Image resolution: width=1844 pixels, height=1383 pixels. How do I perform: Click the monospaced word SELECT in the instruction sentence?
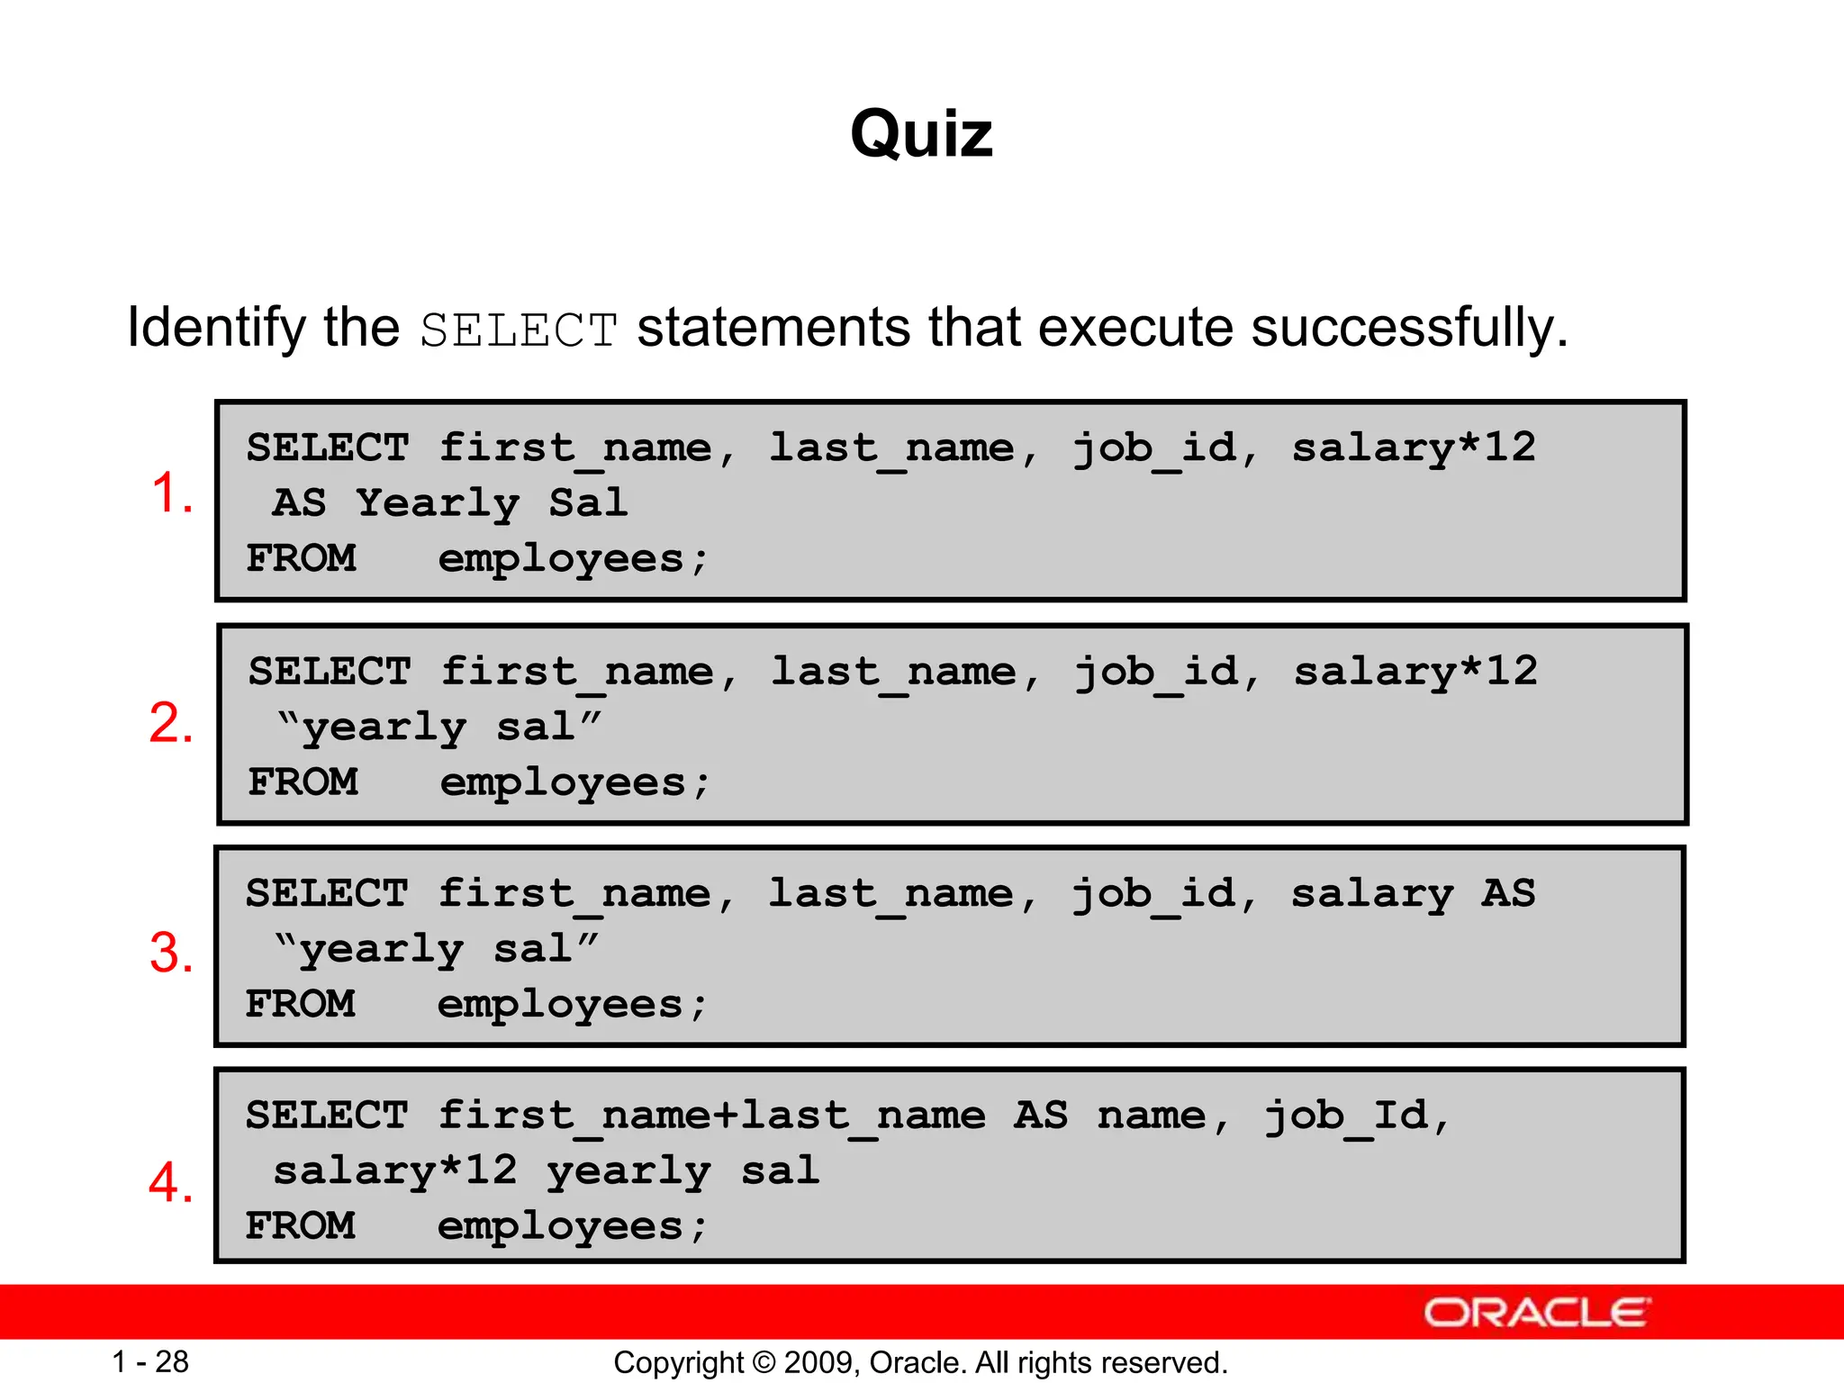pos(519,330)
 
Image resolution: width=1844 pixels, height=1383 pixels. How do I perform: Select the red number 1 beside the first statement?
pos(171,493)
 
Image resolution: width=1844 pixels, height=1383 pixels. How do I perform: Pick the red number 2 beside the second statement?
pos(171,723)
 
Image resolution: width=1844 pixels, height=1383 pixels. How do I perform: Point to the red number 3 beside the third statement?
pos(171,953)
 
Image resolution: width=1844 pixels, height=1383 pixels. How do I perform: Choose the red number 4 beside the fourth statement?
pos(171,1182)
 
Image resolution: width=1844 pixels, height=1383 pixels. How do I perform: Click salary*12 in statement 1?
pos(1414,447)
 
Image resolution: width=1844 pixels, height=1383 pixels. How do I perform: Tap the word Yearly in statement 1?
pos(438,503)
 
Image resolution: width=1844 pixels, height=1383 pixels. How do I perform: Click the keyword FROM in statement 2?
pos(303,782)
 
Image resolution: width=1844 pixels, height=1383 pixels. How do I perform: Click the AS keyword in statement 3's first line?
pos(1508,893)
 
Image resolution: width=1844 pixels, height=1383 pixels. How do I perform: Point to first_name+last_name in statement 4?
pos(711,1116)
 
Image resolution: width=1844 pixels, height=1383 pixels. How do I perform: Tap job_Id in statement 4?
pos(1346,1116)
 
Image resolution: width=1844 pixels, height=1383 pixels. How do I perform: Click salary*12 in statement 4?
pos(395,1171)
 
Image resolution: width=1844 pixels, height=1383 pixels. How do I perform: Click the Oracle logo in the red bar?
pos(1536,1313)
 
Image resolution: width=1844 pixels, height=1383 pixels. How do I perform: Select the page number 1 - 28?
pos(150,1362)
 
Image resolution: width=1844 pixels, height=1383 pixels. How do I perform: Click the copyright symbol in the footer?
pos(764,1363)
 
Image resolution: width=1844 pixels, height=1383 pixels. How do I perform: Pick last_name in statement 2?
pos(894,673)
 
